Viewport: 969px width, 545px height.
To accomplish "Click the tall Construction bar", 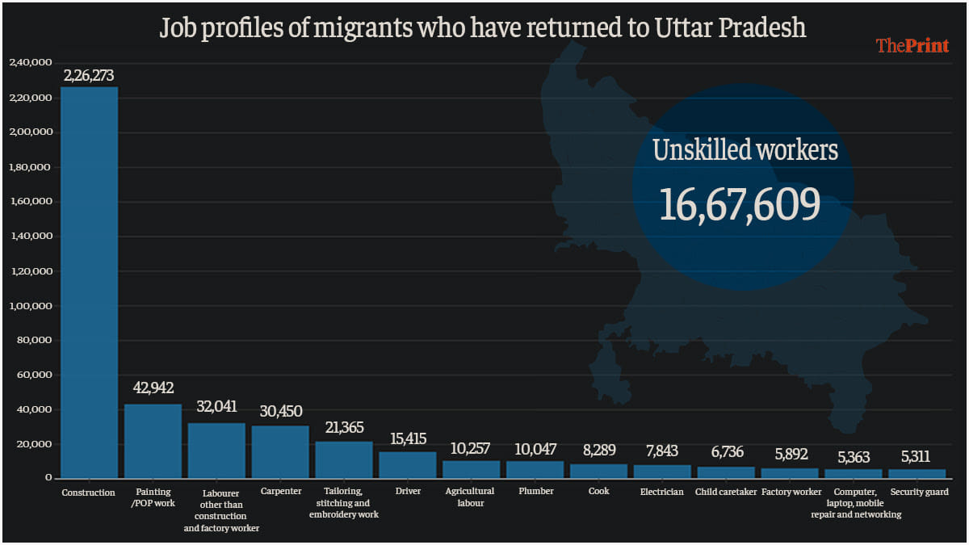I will coord(89,282).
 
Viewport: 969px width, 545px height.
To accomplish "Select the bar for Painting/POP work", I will coord(153,441).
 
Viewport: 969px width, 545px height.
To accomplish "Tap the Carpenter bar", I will coord(280,451).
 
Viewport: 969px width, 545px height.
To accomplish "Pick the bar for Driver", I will coord(408,464).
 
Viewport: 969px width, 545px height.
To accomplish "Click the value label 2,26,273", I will coord(89,76).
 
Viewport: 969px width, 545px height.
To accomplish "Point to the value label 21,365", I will coord(344,427).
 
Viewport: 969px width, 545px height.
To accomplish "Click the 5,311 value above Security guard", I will coord(917,458).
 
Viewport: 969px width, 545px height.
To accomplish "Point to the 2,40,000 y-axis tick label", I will coord(31,62).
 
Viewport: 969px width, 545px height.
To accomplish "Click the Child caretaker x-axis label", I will coord(726,491).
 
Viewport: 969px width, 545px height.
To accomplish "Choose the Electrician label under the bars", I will coord(661,491).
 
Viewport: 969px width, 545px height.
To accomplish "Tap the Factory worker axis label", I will coord(791,491).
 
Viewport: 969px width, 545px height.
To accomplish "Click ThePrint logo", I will coord(912,46).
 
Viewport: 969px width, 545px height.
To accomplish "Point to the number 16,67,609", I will coord(740,203).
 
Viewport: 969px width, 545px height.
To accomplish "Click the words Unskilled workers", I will coord(745,150).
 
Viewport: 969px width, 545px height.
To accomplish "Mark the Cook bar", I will coord(598,471).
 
